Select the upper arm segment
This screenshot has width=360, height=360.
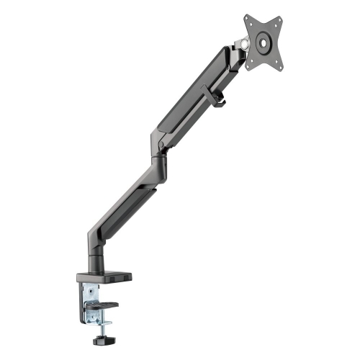(x=194, y=101)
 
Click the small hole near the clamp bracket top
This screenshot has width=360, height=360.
(x=89, y=289)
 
